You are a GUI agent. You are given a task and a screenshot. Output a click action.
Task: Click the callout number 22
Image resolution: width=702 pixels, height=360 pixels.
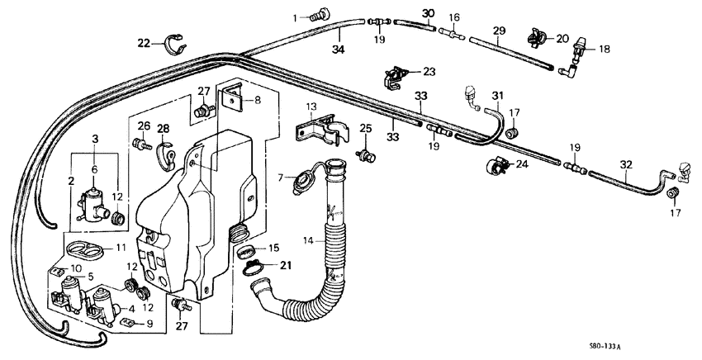click(x=144, y=43)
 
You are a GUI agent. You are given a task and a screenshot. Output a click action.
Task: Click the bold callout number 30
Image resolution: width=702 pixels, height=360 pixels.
click(x=427, y=13)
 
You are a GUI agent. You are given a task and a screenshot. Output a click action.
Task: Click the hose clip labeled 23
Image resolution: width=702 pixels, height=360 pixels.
click(x=395, y=77)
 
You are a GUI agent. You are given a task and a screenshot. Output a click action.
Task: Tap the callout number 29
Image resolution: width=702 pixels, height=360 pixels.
click(x=498, y=31)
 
